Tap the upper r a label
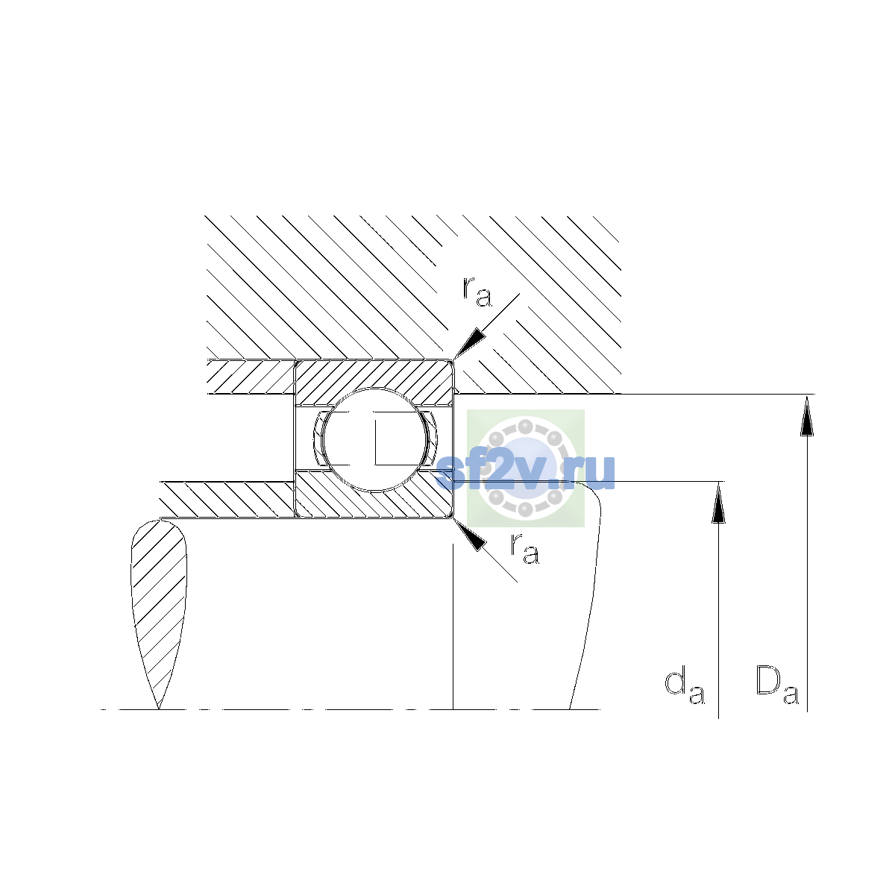tap(477, 292)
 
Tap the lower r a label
tap(525, 549)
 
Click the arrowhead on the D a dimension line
tap(807, 415)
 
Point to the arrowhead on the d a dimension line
tap(718, 502)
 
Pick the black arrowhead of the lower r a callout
tap(469, 535)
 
